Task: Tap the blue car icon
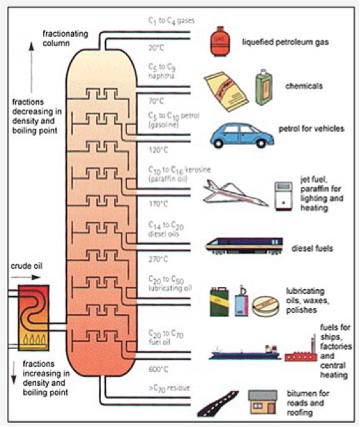pyautogui.click(x=237, y=133)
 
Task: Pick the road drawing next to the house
pyautogui.click(x=215, y=403)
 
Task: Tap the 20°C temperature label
pyautogui.click(x=157, y=48)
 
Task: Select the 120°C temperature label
pyautogui.click(x=159, y=150)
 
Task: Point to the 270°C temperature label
pyautogui.click(x=159, y=258)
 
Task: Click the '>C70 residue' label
pyautogui.click(x=168, y=387)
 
